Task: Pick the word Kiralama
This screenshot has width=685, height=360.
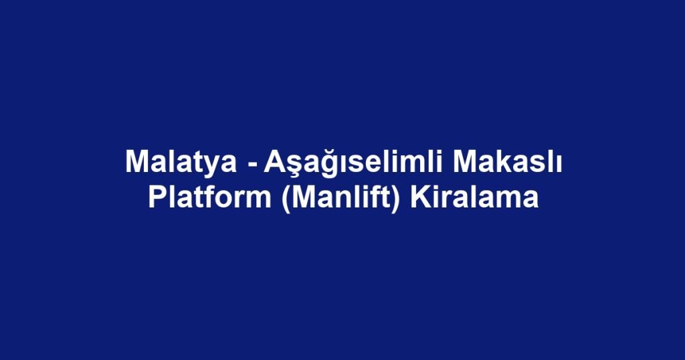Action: coord(474,199)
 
